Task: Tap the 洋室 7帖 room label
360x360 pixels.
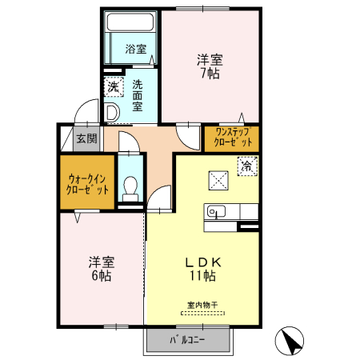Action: [210, 66]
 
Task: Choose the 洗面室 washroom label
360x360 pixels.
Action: [138, 93]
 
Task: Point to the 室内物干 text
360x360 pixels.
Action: [202, 305]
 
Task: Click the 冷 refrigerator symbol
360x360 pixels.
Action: [247, 166]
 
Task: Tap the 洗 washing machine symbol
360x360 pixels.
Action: [113, 86]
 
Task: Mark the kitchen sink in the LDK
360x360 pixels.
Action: [216, 212]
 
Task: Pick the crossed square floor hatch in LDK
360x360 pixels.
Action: [218, 178]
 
